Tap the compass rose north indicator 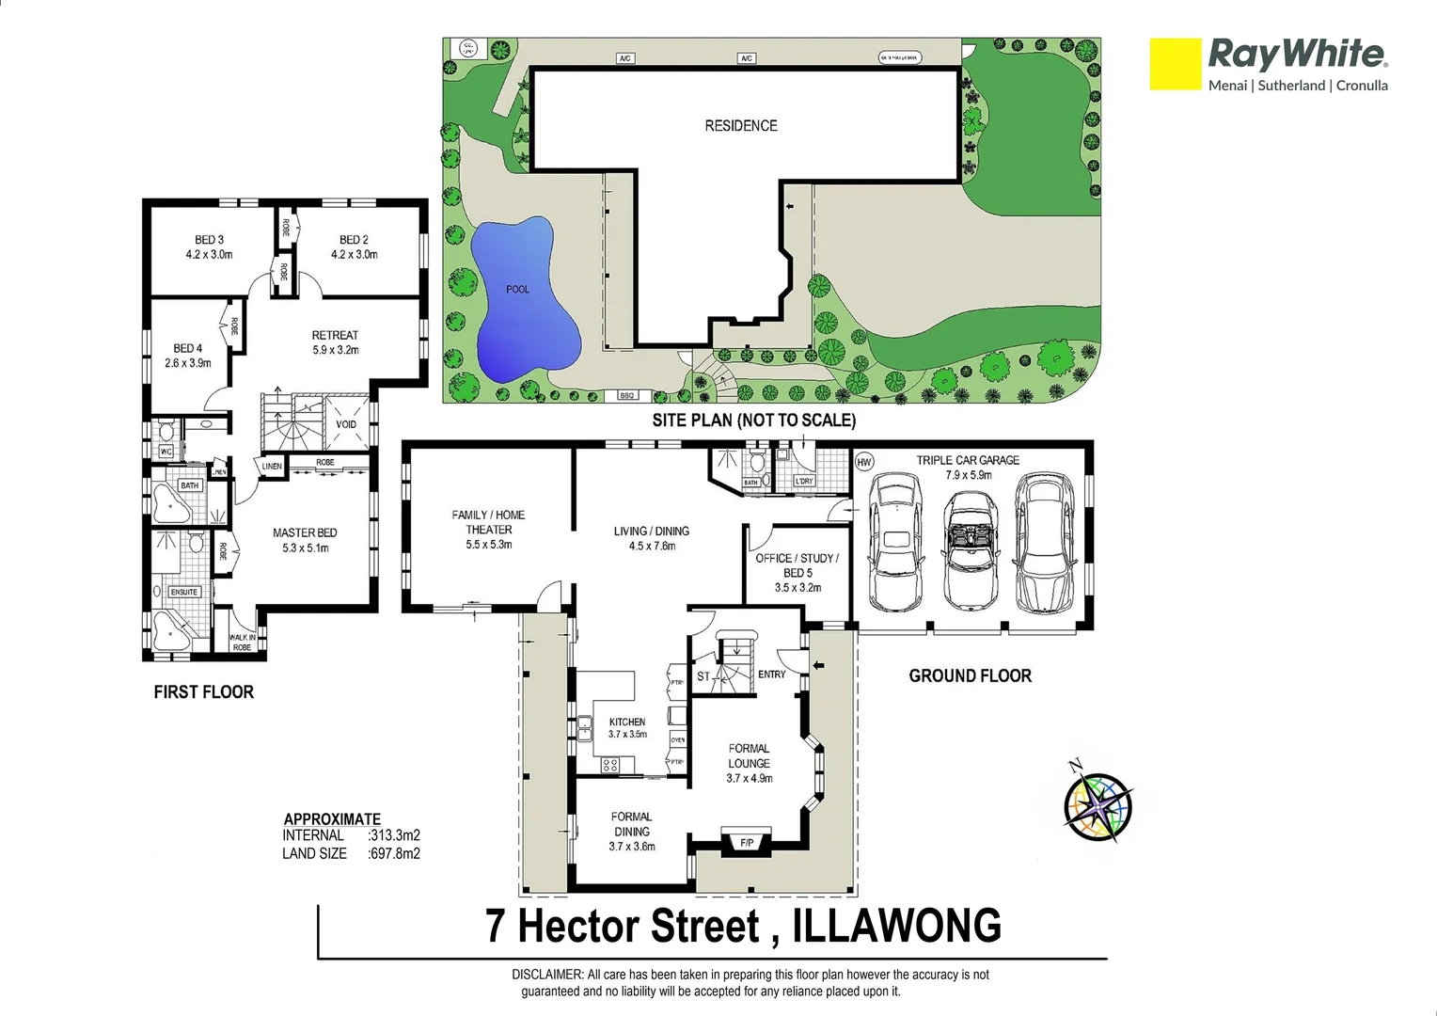(1097, 806)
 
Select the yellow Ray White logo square (1175, 64)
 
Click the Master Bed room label (305, 540)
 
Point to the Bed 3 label (209, 246)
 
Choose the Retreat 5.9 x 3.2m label (335, 342)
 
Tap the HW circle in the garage (864, 462)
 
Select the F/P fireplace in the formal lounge (746, 843)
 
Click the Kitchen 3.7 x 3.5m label (627, 728)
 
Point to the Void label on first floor (346, 424)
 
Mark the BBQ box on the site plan (627, 396)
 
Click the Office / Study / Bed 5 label (797, 572)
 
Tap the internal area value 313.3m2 (394, 835)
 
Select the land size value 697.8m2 (394, 854)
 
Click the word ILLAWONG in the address (897, 926)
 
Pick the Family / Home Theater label (488, 530)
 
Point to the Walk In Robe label (242, 643)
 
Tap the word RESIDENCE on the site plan (741, 125)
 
